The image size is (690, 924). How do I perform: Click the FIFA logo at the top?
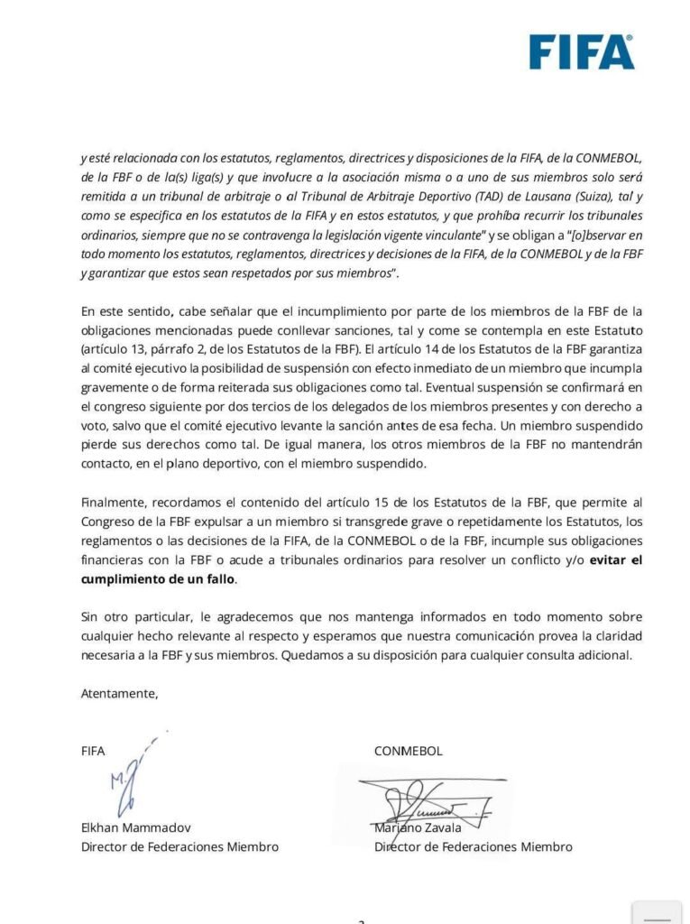click(581, 51)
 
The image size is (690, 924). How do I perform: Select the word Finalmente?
click(114, 502)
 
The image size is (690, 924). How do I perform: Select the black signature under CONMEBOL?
click(424, 798)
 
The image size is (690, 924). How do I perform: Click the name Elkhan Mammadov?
click(135, 827)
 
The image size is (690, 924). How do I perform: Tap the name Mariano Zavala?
click(418, 827)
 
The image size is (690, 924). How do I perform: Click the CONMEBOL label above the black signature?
click(409, 751)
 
